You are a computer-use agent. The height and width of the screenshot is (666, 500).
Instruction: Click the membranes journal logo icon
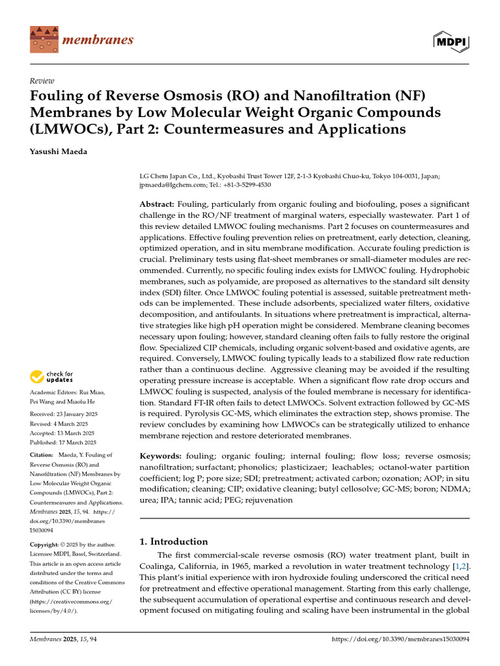(x=43, y=40)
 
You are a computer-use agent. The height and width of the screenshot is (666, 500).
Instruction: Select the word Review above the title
(x=42, y=81)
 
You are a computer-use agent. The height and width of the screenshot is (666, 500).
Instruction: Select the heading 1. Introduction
(x=174, y=541)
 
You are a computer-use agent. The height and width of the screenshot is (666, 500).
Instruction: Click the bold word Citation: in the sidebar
(x=45, y=455)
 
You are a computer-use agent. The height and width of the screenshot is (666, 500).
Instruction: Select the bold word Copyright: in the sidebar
(x=48, y=544)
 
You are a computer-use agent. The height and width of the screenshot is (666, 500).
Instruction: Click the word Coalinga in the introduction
(x=162, y=566)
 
